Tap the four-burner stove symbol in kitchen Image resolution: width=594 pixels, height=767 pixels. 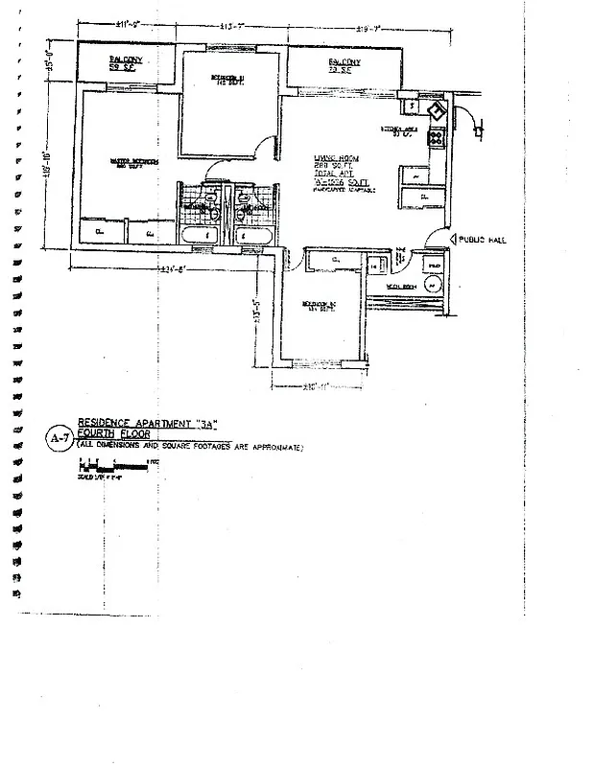click(436, 137)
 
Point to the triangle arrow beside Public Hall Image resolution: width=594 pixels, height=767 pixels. click(450, 240)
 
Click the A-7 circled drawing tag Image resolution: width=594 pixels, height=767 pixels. click(59, 439)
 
